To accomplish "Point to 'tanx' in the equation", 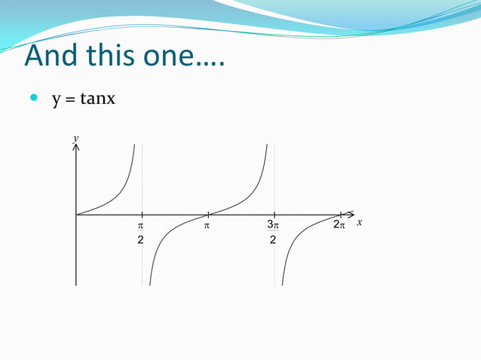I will click(97, 99).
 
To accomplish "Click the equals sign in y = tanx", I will click(69, 99).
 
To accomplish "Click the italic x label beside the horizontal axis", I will click(360, 222).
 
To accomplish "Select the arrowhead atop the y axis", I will click(75, 148).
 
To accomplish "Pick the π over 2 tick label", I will click(140, 232).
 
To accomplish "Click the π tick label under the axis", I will click(207, 224).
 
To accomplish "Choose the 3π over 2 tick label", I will click(273, 232).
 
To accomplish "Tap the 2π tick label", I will click(339, 224).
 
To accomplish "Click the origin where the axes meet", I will click(76, 215).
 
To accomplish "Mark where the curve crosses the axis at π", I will click(208, 215).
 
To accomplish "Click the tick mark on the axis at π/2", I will click(142, 215).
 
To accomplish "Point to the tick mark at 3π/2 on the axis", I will click(274, 215).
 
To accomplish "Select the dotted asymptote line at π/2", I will click(142, 181).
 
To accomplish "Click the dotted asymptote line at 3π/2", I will click(274, 181).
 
